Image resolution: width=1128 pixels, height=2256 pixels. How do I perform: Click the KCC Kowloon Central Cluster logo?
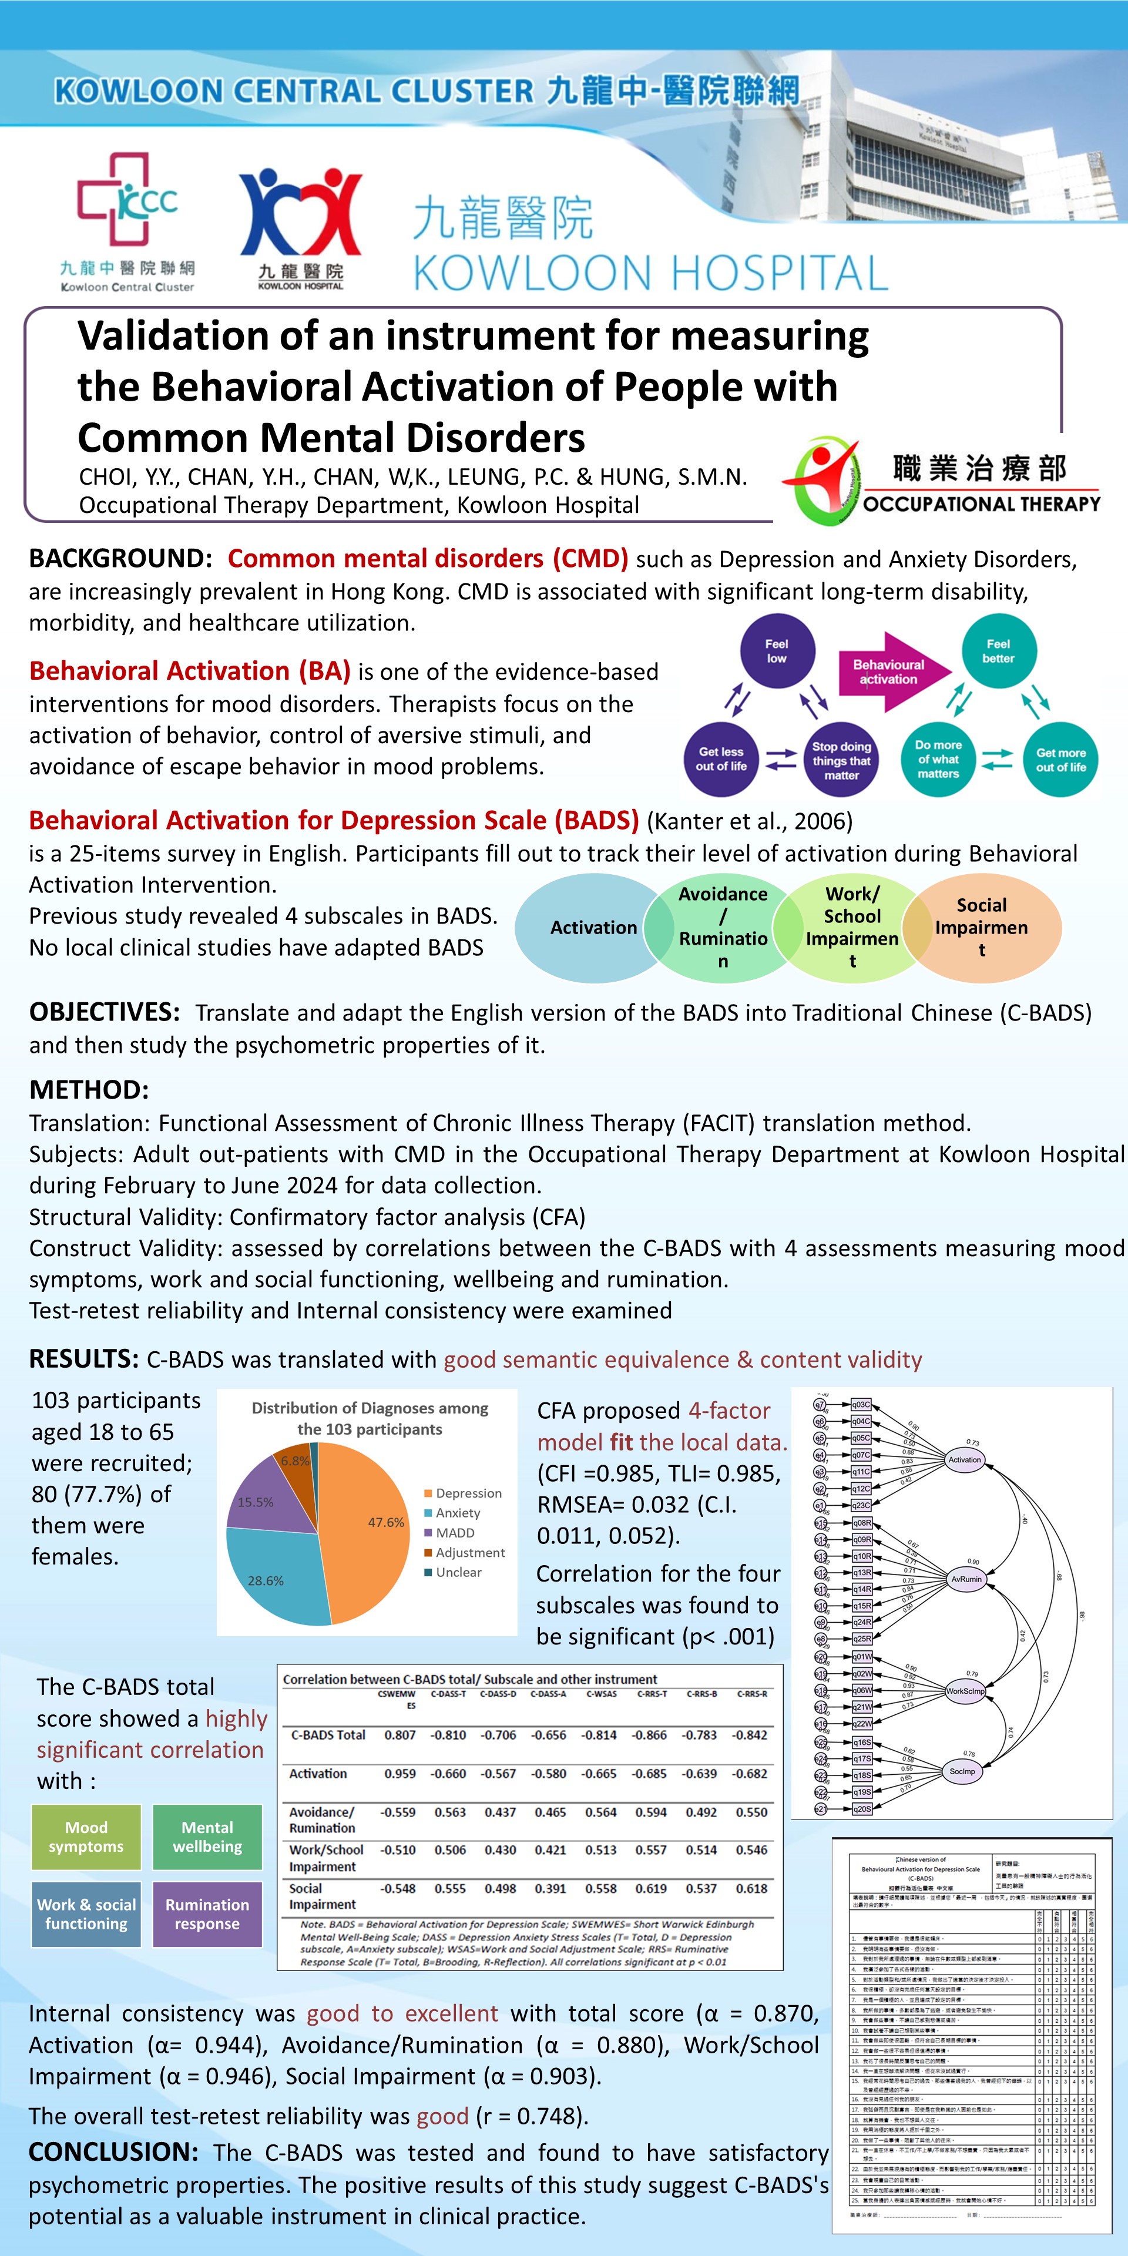point(127,219)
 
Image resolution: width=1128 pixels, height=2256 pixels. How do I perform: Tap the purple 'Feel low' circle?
point(777,651)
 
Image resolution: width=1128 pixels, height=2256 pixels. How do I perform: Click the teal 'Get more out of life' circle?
point(1060,759)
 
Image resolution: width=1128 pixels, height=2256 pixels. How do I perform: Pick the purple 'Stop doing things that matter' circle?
point(841,759)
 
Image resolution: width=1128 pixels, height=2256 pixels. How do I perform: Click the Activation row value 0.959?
point(399,1774)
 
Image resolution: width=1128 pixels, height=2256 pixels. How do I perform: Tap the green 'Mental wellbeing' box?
point(207,1837)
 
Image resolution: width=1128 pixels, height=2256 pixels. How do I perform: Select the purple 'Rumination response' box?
point(207,1913)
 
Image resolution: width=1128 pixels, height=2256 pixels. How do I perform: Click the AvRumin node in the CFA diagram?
point(967,1579)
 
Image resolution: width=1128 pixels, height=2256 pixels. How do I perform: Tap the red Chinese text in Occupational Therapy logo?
point(979,469)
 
